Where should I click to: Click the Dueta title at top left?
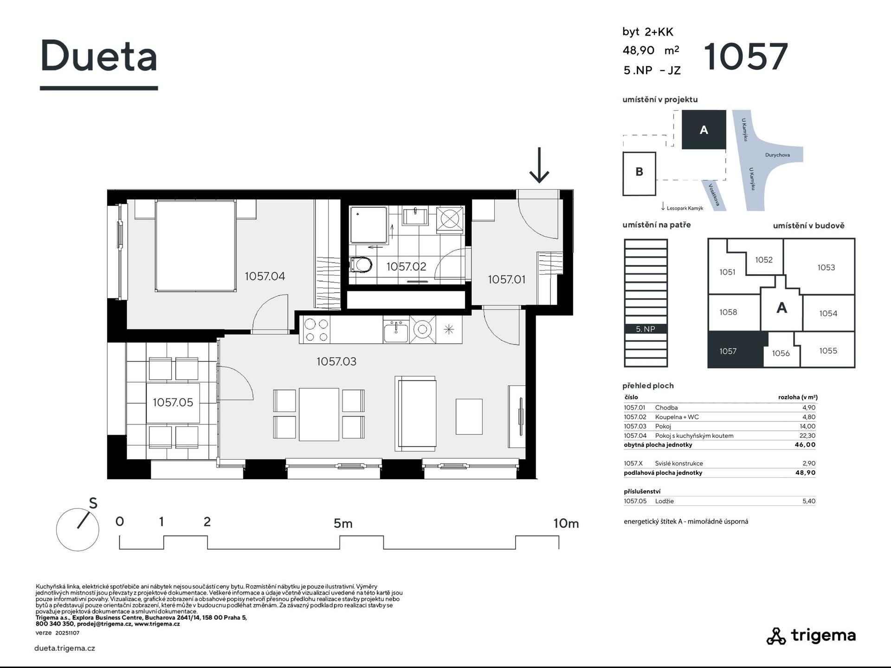tap(99, 56)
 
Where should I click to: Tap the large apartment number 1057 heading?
tap(746, 57)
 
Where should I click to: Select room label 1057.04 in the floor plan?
tap(265, 276)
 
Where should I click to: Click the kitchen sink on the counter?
tap(396, 331)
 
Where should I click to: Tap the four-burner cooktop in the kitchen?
tap(316, 330)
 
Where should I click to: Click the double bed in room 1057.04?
tap(195, 246)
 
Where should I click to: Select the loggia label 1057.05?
tap(173, 402)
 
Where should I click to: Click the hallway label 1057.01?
tap(507, 279)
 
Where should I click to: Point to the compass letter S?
tap(93, 503)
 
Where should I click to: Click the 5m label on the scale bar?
tap(343, 523)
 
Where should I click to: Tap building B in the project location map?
tap(639, 173)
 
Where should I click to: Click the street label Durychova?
tap(777, 155)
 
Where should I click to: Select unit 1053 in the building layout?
tap(820, 267)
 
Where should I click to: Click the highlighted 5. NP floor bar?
tap(646, 329)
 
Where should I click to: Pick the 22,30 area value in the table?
tap(808, 436)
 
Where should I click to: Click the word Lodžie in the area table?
tap(665, 501)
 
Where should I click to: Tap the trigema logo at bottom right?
tap(811, 636)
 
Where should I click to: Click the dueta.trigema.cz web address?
tap(65, 649)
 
